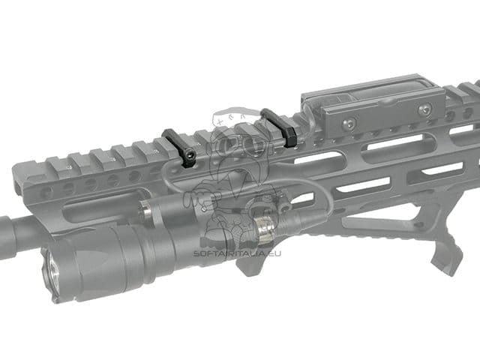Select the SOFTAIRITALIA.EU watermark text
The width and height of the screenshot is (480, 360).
pos(237,253)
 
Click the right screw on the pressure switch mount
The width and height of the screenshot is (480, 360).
pos(425,109)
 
